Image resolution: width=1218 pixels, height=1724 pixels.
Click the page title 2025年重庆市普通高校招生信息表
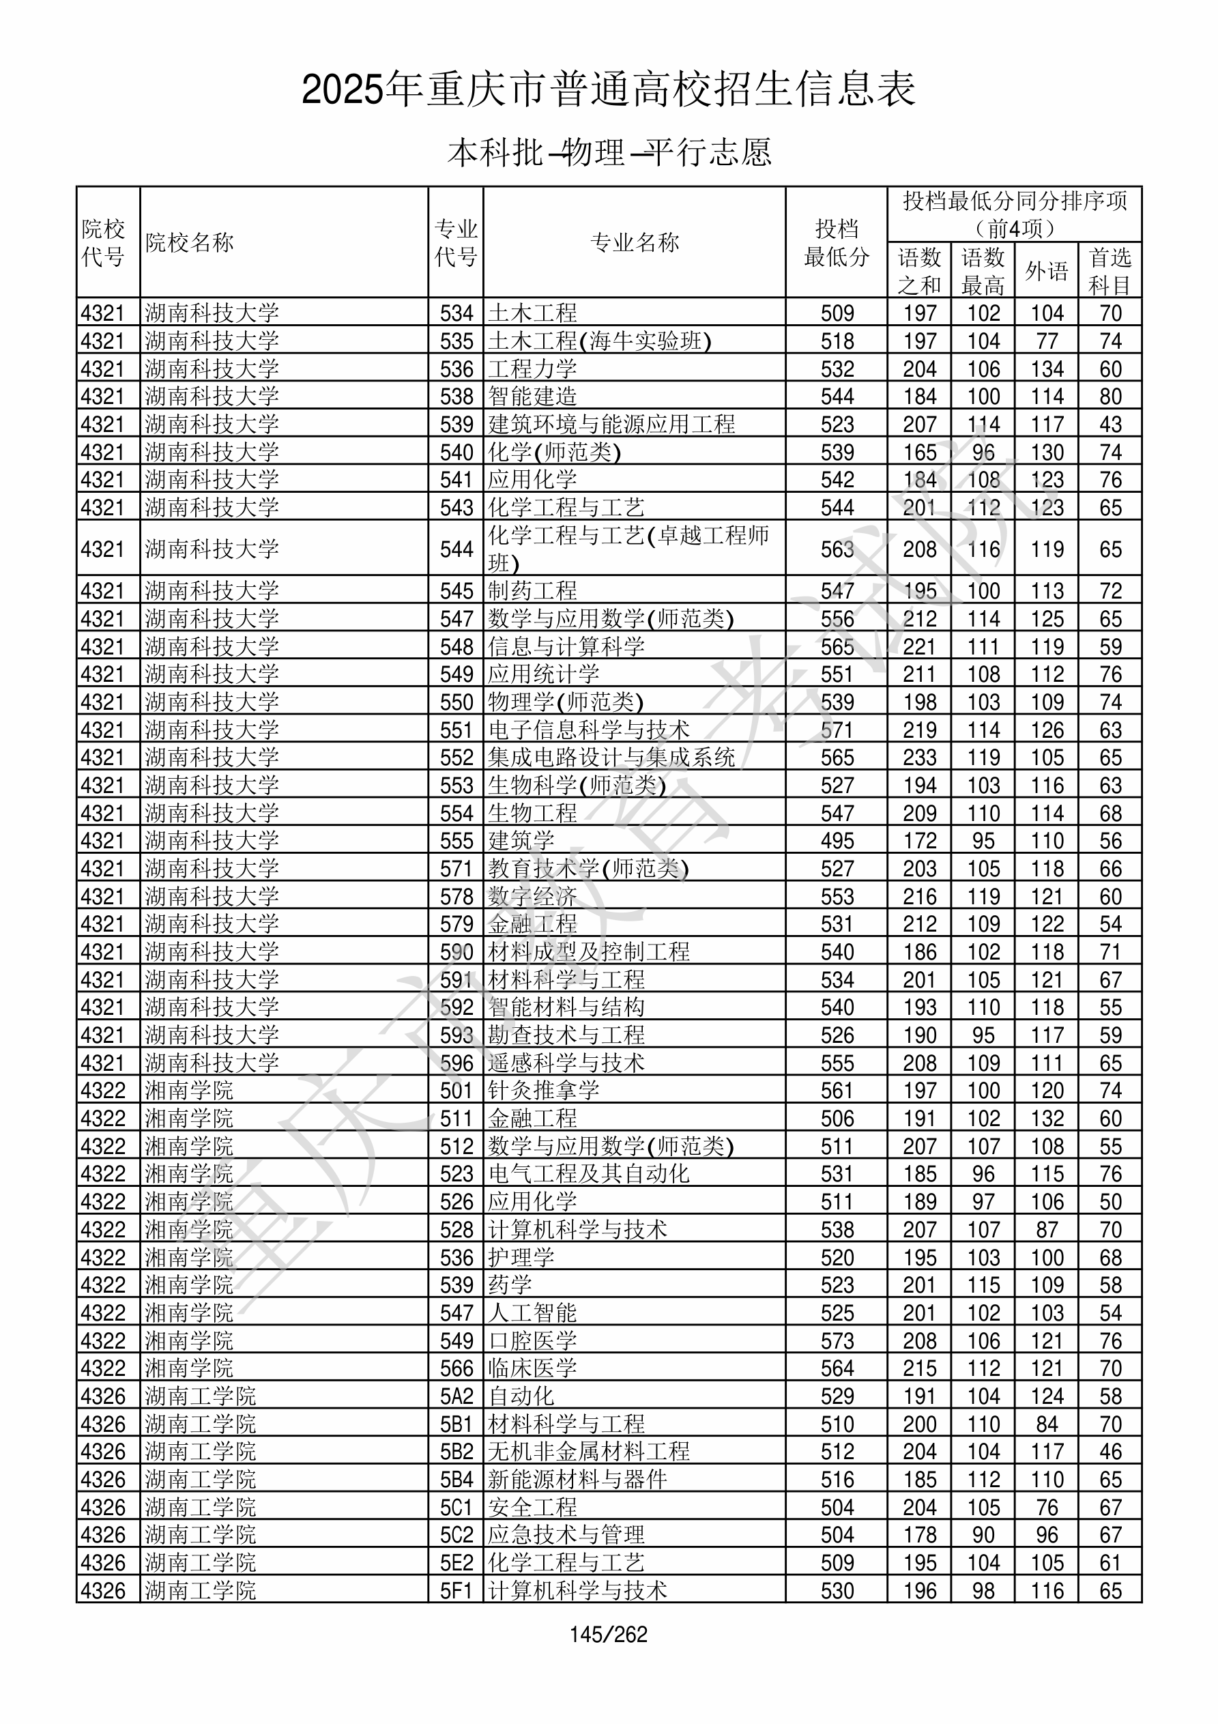click(608, 90)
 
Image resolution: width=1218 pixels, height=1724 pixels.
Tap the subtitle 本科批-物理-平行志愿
click(609, 153)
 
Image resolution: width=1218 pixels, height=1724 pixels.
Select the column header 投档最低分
click(836, 242)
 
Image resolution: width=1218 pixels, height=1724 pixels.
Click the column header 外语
click(1046, 270)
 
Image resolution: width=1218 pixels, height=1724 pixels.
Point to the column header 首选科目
click(1110, 270)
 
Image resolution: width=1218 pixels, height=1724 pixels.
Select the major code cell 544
click(456, 549)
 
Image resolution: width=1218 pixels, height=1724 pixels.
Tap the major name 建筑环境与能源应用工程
click(611, 425)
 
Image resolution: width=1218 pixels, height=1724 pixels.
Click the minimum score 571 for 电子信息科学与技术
click(837, 730)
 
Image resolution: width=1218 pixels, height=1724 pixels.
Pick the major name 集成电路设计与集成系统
click(611, 758)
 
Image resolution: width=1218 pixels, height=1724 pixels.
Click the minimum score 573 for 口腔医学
click(837, 1341)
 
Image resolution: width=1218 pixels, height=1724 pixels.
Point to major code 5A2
click(456, 1396)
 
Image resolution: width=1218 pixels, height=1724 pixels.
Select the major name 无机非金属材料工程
click(589, 1452)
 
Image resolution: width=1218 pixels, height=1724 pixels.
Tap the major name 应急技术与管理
click(566, 1536)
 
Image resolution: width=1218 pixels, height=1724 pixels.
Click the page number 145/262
click(608, 1635)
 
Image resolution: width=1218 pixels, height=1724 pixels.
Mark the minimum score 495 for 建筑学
click(837, 841)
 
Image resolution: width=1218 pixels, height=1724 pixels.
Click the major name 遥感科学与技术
click(566, 1063)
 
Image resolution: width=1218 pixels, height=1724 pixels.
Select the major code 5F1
click(456, 1591)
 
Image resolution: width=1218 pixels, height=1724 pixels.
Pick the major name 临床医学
click(532, 1369)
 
